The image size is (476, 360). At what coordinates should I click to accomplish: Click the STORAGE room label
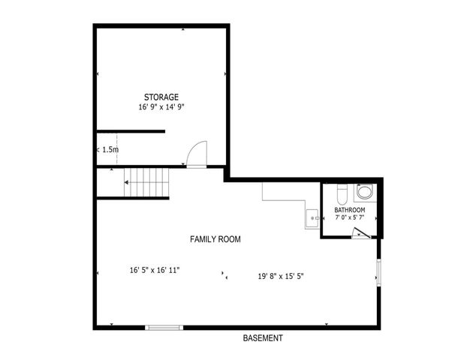click(161, 97)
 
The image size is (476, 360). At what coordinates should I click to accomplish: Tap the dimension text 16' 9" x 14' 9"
click(161, 107)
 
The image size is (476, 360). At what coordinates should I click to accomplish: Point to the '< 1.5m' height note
click(107, 149)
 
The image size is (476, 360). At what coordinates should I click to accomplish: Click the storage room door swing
click(196, 154)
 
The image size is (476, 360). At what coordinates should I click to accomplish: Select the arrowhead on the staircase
click(128, 183)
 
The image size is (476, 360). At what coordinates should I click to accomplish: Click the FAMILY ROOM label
click(215, 239)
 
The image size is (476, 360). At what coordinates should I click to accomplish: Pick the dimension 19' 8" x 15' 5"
click(281, 275)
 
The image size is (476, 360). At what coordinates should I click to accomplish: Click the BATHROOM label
click(350, 209)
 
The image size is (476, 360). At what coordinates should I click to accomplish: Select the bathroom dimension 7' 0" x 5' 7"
click(350, 217)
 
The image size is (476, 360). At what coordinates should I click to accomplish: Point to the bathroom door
click(361, 233)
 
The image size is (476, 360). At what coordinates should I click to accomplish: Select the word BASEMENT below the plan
click(263, 338)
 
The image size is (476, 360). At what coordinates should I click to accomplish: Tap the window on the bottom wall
click(164, 327)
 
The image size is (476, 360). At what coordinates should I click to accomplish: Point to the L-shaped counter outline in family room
click(285, 201)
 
